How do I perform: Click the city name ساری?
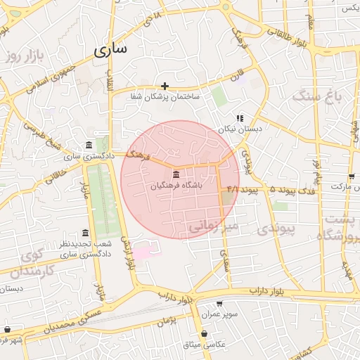point(111,50)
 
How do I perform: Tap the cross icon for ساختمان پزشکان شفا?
point(165,86)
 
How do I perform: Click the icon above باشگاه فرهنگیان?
point(174,174)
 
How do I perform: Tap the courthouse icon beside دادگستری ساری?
point(87,146)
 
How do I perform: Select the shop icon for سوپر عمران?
point(220,304)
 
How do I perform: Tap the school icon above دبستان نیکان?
point(240,118)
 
